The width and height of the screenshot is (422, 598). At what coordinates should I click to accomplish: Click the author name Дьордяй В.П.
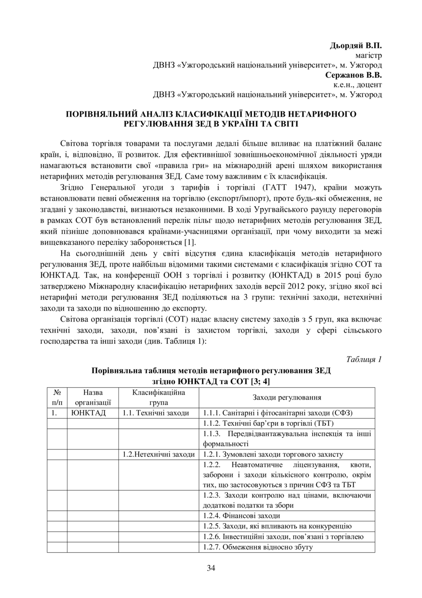tap(356, 46)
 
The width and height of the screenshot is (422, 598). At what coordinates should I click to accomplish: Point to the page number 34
tap(211, 568)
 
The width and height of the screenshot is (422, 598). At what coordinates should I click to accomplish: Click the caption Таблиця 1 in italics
tap(364, 359)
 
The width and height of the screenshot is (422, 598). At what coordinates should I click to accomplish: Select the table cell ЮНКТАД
tap(89, 413)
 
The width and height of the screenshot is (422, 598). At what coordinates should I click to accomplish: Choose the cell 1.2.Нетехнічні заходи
tap(158, 454)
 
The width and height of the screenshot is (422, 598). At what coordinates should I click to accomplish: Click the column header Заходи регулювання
tap(287, 397)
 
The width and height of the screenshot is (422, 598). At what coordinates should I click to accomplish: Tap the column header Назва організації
tap(92, 397)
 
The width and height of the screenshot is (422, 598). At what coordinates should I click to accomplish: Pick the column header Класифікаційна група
tap(158, 397)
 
